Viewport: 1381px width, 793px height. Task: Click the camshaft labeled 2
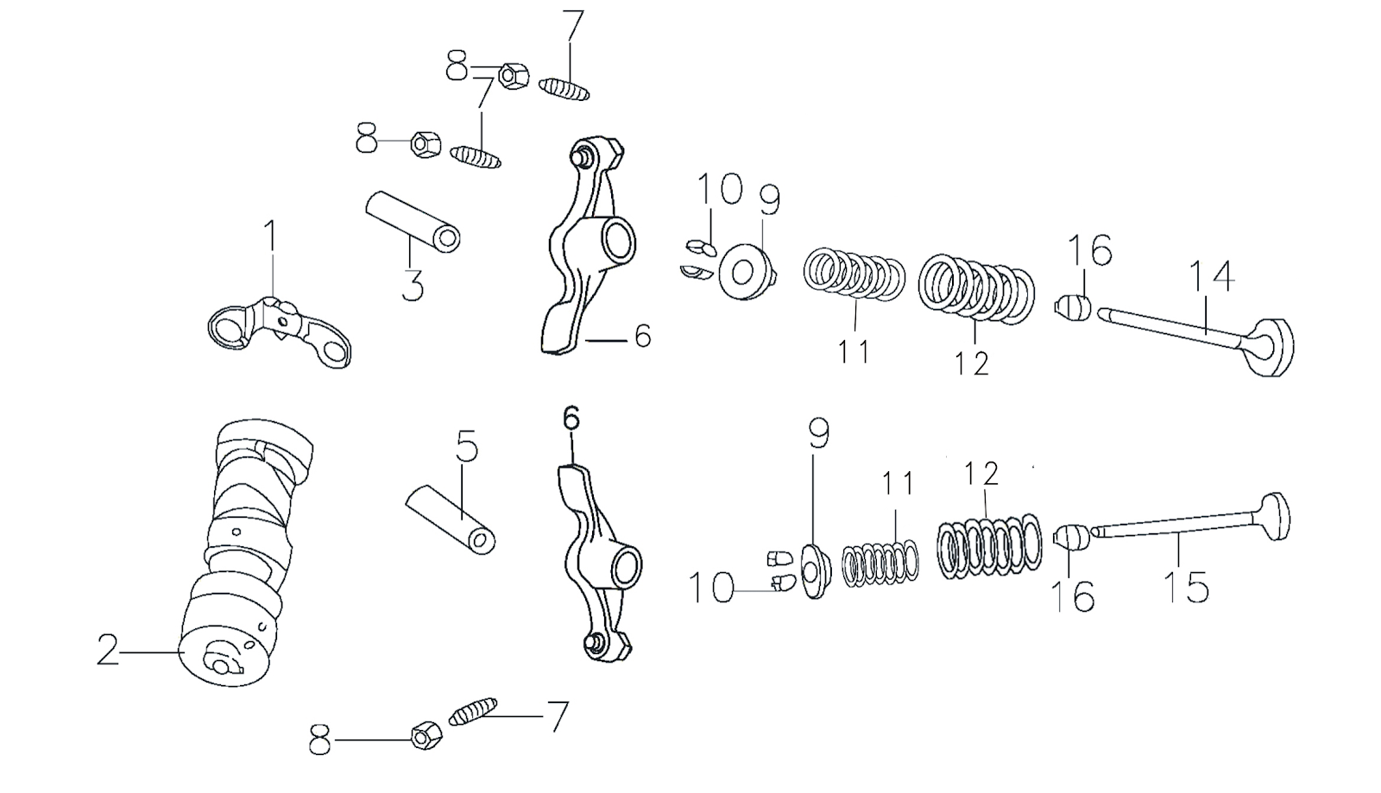[x=246, y=552]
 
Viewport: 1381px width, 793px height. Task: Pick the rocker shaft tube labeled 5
[x=451, y=518]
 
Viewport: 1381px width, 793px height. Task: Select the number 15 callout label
[x=1186, y=587]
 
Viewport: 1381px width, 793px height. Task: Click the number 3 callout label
[x=413, y=286]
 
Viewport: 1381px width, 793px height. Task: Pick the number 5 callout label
[x=466, y=447]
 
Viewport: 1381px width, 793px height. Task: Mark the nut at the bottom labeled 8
[x=426, y=735]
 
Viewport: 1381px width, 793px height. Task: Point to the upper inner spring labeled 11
[x=854, y=273]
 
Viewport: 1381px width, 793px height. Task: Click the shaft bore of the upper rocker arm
[x=618, y=239]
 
